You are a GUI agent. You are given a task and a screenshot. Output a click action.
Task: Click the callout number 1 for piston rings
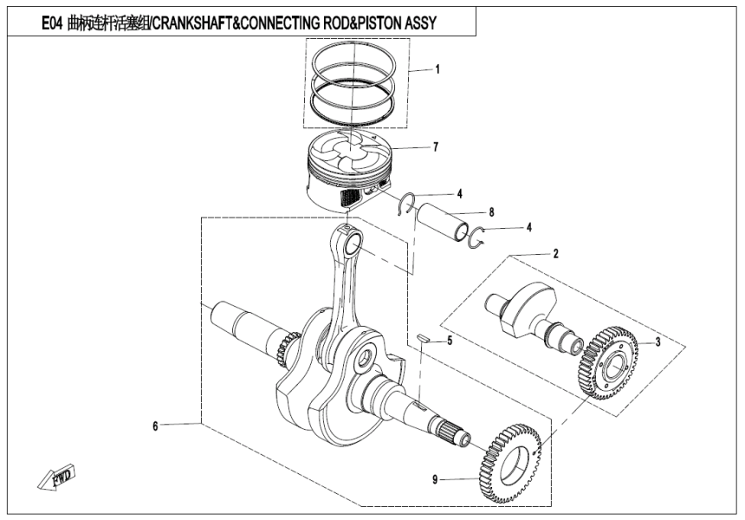pyautogui.click(x=437, y=68)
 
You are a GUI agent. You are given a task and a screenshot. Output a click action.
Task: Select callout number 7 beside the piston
pyautogui.click(x=436, y=147)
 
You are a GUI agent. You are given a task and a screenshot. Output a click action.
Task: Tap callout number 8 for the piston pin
pyautogui.click(x=491, y=211)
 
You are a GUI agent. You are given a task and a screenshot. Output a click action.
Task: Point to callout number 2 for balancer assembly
pyautogui.click(x=555, y=254)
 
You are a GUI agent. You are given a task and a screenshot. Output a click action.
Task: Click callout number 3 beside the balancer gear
pyautogui.click(x=658, y=342)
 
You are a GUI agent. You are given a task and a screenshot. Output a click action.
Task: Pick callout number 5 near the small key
pyautogui.click(x=449, y=341)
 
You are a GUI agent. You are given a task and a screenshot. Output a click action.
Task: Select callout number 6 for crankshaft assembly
pyautogui.click(x=155, y=426)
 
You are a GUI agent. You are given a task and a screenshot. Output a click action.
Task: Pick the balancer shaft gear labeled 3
pyautogui.click(x=610, y=361)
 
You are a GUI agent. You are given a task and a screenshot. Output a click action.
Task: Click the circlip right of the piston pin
pyautogui.click(x=474, y=237)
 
